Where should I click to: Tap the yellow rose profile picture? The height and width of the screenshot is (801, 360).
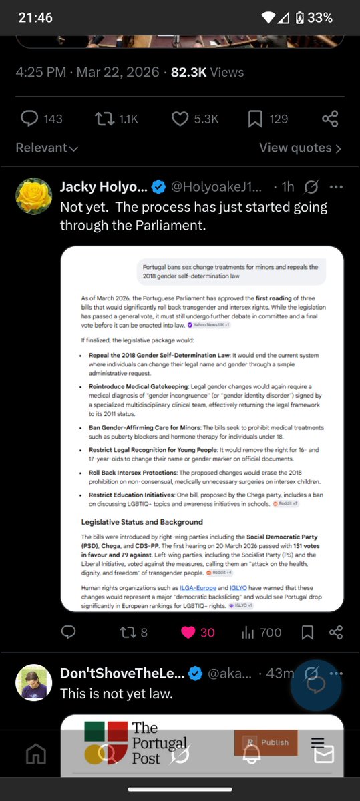coord(33,196)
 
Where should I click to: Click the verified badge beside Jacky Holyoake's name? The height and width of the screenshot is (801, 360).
coord(158,187)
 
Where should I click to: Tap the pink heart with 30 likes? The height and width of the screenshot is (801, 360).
coord(188,632)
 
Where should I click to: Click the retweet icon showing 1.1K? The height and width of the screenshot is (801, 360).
coord(102,119)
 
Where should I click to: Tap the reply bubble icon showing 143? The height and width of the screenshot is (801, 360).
coord(29,119)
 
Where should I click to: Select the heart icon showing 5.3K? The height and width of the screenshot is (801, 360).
coord(180,119)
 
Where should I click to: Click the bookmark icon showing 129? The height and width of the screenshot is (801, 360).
coord(255,119)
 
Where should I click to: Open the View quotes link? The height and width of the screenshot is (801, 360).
coord(300,148)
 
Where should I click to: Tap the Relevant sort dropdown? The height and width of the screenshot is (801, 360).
coord(47,148)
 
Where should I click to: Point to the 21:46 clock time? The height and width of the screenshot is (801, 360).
coord(35,18)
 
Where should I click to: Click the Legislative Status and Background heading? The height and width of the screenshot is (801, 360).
coord(142,521)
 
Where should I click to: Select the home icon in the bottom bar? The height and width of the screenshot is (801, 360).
coord(35,754)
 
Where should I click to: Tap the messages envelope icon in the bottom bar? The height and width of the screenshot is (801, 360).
coord(324,754)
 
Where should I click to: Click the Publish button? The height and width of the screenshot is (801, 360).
coord(266,742)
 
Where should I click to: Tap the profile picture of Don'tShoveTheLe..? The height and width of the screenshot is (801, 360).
coord(33,682)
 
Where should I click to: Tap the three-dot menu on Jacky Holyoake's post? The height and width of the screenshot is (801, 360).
coord(337,187)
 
